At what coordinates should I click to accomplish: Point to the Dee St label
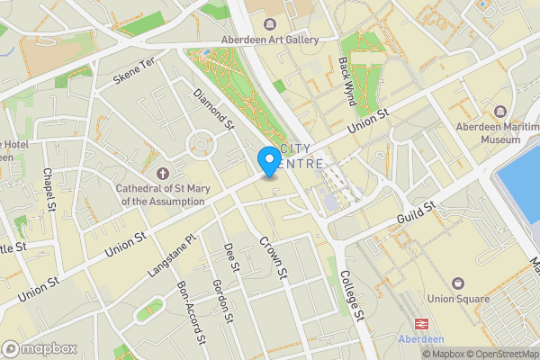point(233,256)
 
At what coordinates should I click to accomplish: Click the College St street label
point(352,299)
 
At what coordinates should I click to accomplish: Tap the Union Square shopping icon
point(459,283)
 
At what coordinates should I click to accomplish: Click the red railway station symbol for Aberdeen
point(419,322)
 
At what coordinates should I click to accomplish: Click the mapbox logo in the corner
point(40,348)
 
